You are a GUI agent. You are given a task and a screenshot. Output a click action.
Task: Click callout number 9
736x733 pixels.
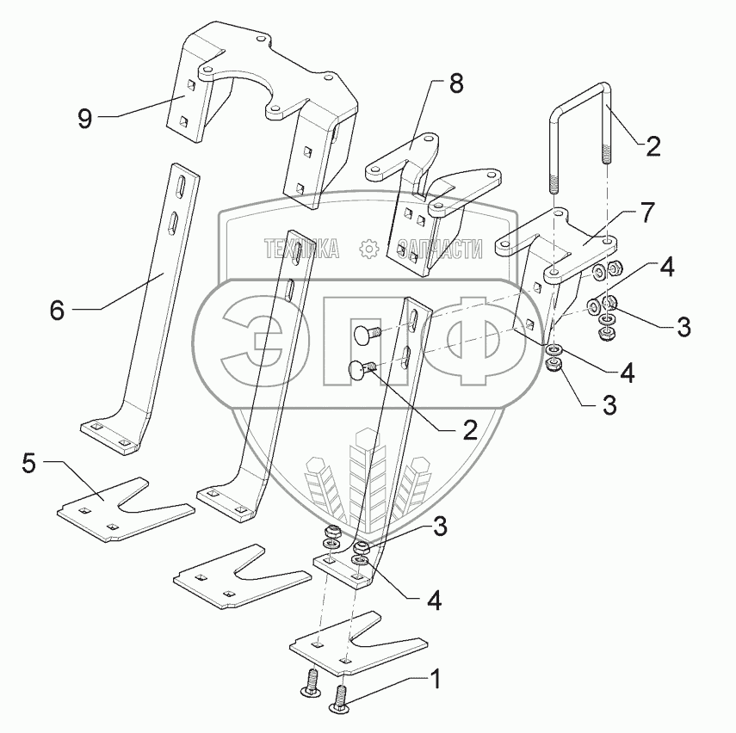pos(84,118)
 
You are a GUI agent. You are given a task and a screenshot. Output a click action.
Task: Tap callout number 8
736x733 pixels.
pos(455,84)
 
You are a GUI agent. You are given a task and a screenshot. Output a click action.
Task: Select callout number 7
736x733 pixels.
pos(647,212)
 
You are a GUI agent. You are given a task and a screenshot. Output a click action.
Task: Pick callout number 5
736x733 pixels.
pos(29,465)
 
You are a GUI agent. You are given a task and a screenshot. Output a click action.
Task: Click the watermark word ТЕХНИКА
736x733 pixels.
pos(301,249)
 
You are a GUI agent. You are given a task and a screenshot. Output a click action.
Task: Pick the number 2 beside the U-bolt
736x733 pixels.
pos(653,146)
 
